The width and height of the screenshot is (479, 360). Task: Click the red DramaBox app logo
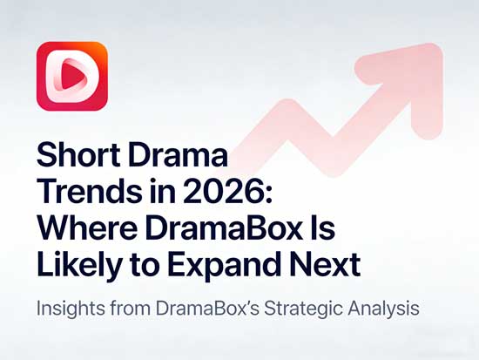pyautogui.click(x=71, y=78)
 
